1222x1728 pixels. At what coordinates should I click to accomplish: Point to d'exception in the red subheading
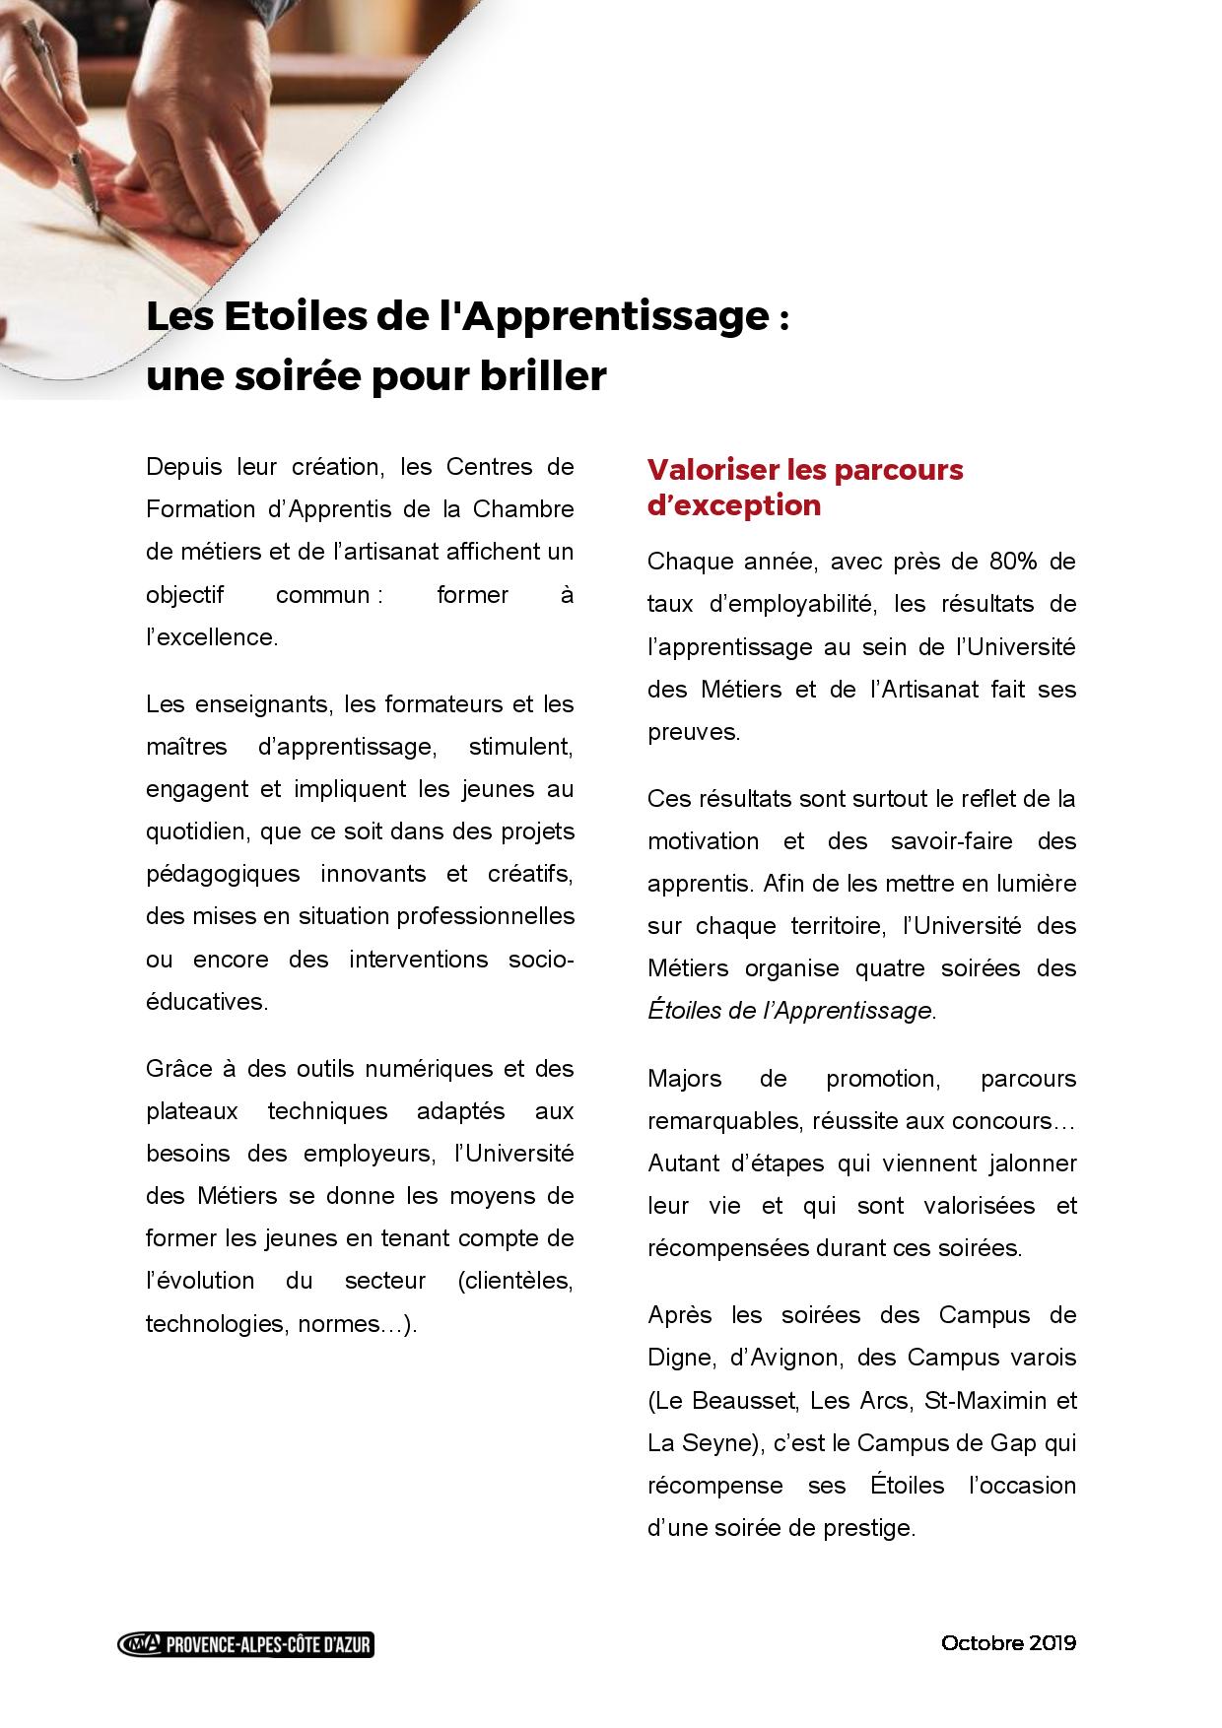(x=733, y=504)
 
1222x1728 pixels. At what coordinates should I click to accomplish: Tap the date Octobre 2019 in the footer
(x=1008, y=1642)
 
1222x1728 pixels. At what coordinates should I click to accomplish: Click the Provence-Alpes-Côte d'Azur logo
(x=245, y=1643)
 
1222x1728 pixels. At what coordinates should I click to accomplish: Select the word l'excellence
(x=212, y=636)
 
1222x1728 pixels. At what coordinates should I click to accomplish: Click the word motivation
(x=703, y=840)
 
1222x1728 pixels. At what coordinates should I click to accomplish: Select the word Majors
(x=684, y=1078)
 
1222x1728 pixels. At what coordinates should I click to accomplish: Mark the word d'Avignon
(x=785, y=1358)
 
